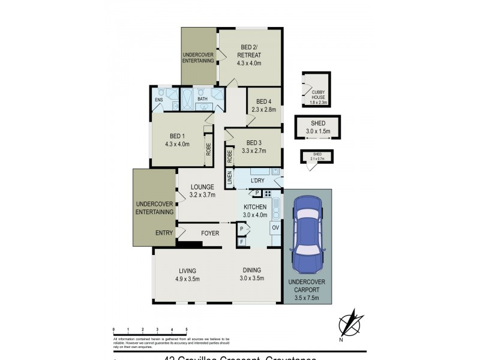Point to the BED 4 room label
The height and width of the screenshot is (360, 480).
click(264, 101)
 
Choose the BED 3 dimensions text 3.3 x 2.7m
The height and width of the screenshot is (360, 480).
click(253, 151)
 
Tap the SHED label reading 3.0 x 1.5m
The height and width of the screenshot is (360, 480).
click(317, 131)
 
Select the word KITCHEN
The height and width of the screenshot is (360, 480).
click(254, 207)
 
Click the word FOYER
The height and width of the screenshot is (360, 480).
click(209, 233)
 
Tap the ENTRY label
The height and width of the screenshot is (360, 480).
click(164, 233)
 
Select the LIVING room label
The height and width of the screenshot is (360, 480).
click(187, 271)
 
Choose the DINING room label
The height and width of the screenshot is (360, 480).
click(252, 270)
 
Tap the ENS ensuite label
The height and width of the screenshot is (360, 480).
click(159, 100)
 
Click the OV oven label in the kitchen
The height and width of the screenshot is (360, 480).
click(275, 228)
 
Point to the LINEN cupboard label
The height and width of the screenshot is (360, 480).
click(229, 178)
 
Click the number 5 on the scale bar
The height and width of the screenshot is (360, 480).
click(186, 330)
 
